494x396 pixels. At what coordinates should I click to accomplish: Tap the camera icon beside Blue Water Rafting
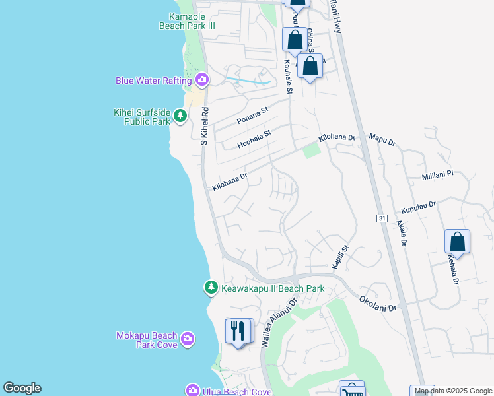(x=202, y=81)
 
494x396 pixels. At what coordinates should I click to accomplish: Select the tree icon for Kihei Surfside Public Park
(x=180, y=117)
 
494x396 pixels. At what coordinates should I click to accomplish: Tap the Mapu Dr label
(x=382, y=140)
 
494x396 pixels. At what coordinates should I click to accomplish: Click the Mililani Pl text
(x=438, y=176)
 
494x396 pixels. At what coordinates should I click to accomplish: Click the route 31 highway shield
(x=382, y=218)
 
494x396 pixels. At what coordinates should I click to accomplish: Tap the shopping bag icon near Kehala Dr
(x=457, y=242)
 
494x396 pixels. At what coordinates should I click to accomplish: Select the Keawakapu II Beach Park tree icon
(x=211, y=287)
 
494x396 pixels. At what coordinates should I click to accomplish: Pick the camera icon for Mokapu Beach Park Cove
(x=188, y=339)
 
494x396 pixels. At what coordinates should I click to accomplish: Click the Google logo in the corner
(x=22, y=388)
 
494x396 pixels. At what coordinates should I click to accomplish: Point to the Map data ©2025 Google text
(x=454, y=391)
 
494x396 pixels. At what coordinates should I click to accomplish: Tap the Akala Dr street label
(x=401, y=232)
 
